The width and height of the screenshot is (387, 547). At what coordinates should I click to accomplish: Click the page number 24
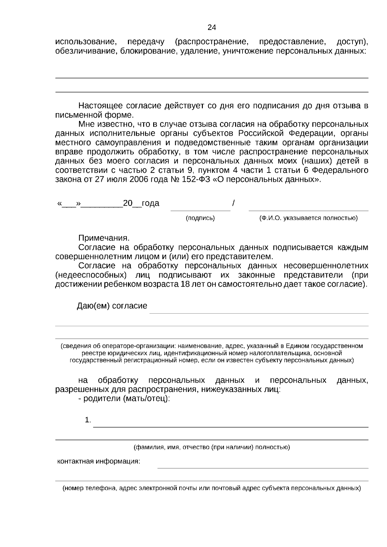(x=212, y=28)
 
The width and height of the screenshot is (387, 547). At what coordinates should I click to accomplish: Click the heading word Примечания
(x=104, y=238)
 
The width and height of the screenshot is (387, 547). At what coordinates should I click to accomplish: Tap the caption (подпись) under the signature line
(x=200, y=218)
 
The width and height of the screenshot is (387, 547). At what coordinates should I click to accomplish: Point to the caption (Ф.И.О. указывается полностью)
(x=309, y=218)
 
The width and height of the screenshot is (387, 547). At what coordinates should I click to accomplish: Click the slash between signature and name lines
(x=233, y=203)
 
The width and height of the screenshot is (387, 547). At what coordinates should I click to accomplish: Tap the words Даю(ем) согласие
(x=112, y=306)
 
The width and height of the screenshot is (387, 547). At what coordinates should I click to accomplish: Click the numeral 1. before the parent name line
(x=88, y=420)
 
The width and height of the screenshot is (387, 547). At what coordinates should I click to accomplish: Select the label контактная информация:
(x=99, y=461)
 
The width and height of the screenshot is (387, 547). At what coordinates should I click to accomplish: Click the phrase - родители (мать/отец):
(x=124, y=398)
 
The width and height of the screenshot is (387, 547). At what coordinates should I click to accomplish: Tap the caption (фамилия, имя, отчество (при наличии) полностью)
(x=212, y=447)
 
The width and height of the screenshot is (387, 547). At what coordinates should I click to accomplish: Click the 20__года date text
(x=141, y=203)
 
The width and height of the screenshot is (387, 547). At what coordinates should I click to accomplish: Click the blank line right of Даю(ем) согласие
(x=259, y=313)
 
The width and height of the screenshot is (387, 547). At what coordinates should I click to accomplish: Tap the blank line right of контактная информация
(x=263, y=468)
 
